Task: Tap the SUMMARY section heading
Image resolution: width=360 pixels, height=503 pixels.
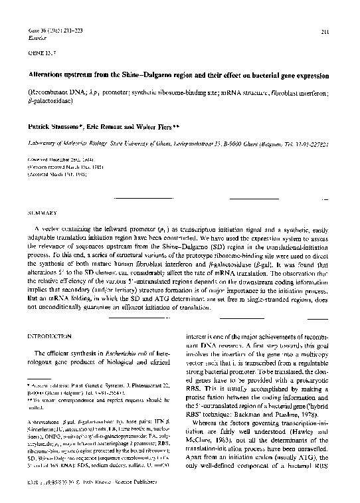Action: (41, 213)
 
